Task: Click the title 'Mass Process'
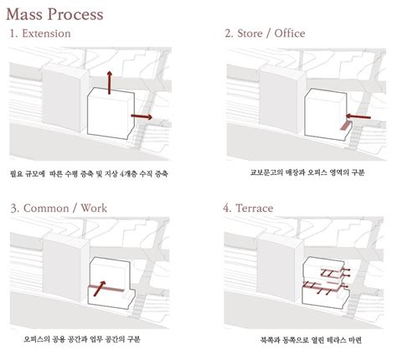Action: click(x=56, y=13)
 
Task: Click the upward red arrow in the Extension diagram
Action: click(x=109, y=84)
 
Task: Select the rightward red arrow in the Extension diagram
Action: click(x=142, y=116)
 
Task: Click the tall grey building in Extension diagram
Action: click(x=60, y=105)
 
